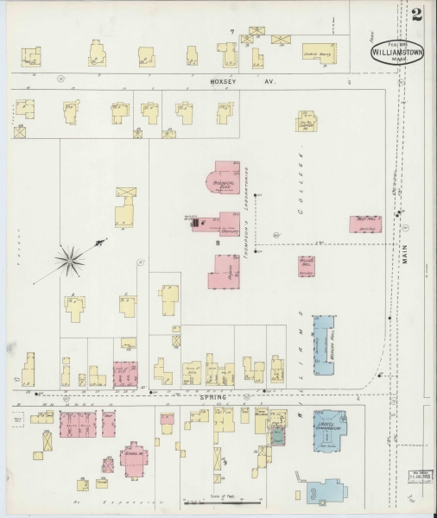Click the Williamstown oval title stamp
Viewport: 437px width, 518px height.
pyautogui.click(x=397, y=51)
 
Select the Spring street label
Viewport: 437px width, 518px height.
pyautogui.click(x=212, y=396)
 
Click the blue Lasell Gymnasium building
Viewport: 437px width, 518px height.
pyautogui.click(x=329, y=429)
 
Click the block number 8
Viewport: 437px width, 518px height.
pyautogui.click(x=218, y=244)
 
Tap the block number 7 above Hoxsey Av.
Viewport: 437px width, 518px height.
pyautogui.click(x=231, y=32)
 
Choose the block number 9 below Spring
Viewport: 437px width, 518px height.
pyautogui.click(x=224, y=464)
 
